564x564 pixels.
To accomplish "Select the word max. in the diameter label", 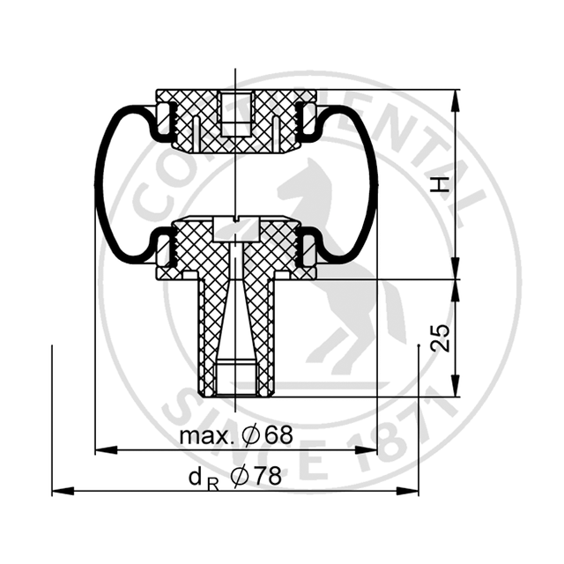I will tap(206, 435).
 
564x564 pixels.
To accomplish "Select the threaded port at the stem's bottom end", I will tap(235, 378).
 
